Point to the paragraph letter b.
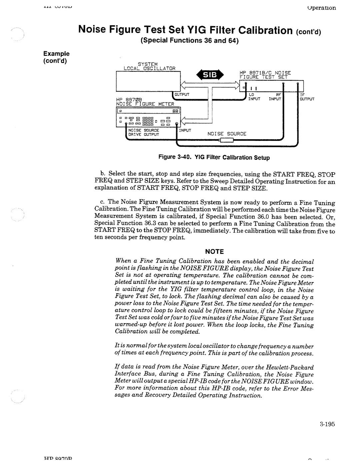tap(102, 174)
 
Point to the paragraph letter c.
tap(101, 202)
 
